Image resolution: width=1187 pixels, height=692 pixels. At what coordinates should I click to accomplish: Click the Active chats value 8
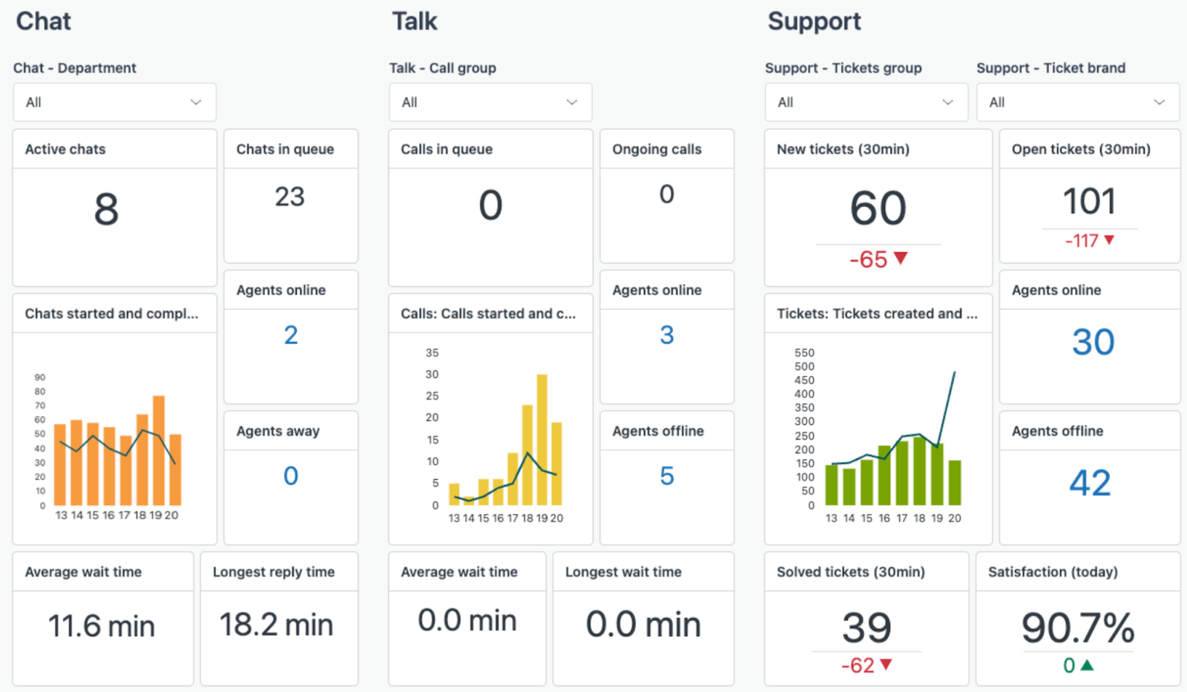pos(106,209)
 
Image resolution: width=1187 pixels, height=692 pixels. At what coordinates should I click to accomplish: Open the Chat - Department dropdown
pos(114,102)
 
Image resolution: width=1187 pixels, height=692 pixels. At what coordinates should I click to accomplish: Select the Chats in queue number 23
pos(289,197)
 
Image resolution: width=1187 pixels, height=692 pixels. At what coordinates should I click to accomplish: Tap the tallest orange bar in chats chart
pos(159,449)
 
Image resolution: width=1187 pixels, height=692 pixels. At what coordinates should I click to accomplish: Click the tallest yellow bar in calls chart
pos(542,439)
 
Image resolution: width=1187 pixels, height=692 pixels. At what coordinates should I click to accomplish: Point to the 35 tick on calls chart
pos(432,353)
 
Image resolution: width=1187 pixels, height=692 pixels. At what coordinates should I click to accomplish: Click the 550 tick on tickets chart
pos(804,353)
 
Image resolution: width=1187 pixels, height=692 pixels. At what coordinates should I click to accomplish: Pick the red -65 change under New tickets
pos(869,260)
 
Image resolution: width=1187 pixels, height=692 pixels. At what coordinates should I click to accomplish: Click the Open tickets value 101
pos(1089,202)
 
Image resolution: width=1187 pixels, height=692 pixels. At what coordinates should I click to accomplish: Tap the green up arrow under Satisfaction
pos(1087,665)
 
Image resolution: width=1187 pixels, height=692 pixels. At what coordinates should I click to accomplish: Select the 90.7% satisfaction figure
pos(1077,628)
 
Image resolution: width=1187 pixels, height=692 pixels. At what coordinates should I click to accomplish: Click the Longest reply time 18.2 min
pos(276,625)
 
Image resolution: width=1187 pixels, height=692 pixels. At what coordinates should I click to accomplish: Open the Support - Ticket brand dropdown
pos(1077,102)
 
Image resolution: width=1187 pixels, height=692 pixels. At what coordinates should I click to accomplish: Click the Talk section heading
pos(415,22)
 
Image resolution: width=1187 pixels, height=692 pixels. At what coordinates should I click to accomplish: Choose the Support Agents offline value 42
pos(1089,483)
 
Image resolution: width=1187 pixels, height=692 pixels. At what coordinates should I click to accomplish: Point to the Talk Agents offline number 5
pos(666,476)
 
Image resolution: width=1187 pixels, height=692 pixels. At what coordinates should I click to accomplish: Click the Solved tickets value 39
pos(867,628)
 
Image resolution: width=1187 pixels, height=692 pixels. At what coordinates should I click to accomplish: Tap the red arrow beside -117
pos(1109,240)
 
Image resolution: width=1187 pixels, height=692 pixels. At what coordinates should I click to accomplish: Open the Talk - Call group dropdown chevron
pos(572,102)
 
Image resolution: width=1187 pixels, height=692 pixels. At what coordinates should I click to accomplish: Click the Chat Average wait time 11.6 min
pos(102,626)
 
